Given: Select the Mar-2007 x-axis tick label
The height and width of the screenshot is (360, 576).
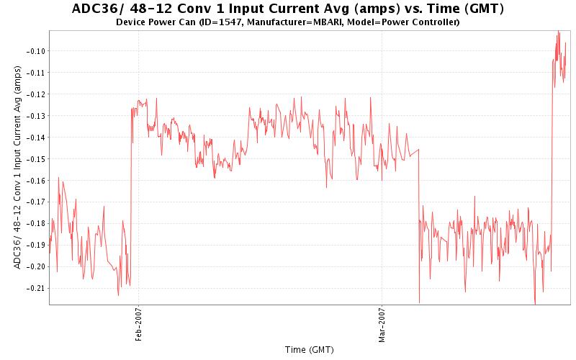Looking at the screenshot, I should click(382, 323).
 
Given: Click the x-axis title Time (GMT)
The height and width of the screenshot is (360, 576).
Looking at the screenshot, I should click(309, 350).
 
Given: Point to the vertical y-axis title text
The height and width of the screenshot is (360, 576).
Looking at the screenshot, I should click(18, 166).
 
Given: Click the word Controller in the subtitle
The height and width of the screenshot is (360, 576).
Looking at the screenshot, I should click(433, 22).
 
